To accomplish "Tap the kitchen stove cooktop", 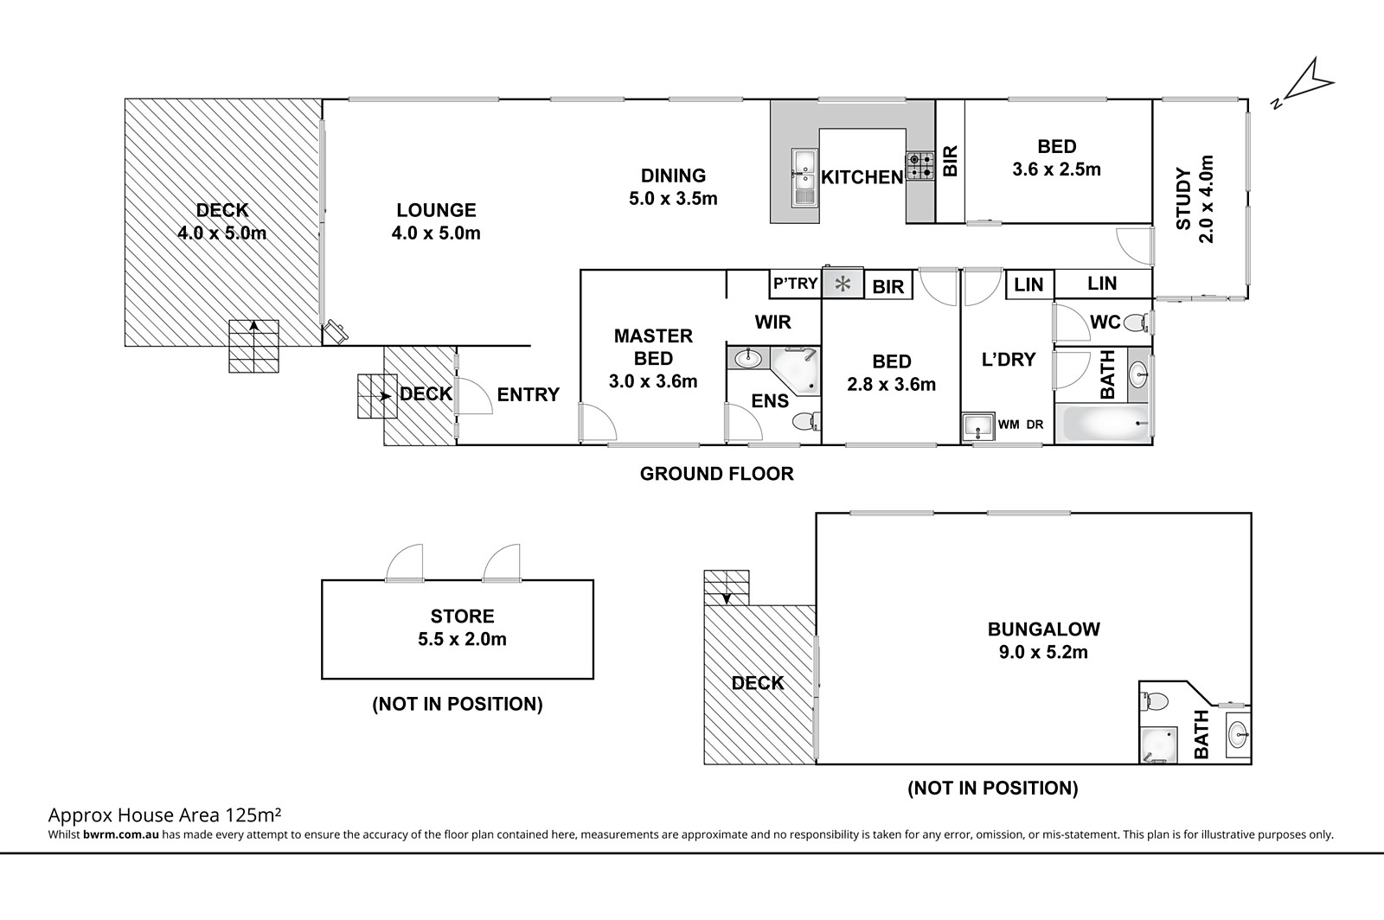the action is pos(920,166).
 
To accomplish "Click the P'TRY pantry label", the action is pos(796,284).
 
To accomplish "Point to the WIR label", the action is pos(772,322).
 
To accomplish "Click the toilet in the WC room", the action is pos(1137,322).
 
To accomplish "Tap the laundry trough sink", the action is pos(978,427).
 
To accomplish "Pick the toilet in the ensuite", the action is pos(805,422).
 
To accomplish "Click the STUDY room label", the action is pos(1183,199).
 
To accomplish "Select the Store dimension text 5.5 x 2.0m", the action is pos(462,639).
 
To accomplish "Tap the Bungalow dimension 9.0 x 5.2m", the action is pos(1043,652).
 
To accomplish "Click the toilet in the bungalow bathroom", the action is pos(1154,700).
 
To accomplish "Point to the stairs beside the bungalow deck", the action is pos(727,587).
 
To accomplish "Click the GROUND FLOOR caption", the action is pos(717,474).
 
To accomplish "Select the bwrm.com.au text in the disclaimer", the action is pos(121,834).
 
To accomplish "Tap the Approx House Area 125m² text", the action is pos(165,815).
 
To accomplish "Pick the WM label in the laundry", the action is pos(1009,425).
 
